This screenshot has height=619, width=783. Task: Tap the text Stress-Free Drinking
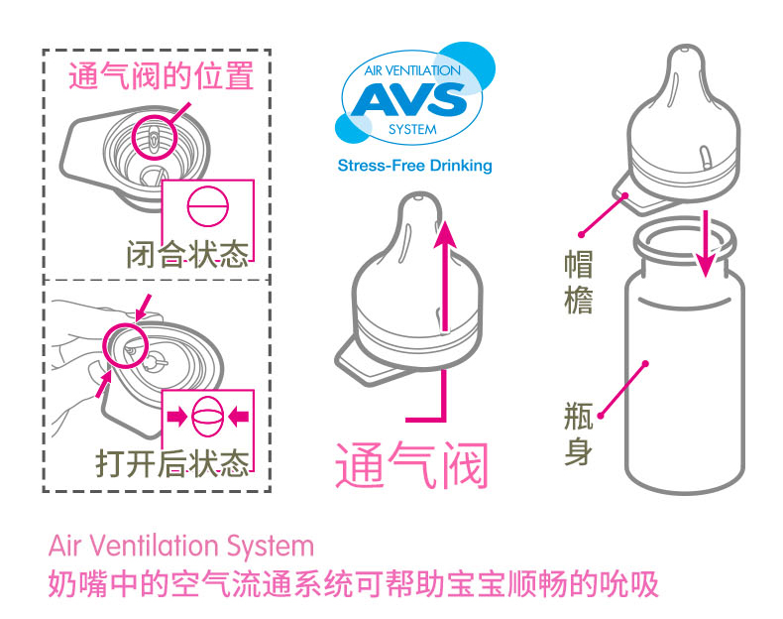click(414, 166)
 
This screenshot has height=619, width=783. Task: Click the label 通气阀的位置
click(160, 76)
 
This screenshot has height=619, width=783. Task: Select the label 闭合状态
click(186, 255)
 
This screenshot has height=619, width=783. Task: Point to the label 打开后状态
click(172, 462)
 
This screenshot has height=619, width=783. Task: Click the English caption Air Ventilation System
click(180, 546)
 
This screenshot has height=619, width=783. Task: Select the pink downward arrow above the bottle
click(706, 243)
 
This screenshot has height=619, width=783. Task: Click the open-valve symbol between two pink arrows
click(208, 418)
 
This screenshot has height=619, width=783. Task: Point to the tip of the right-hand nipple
click(689, 50)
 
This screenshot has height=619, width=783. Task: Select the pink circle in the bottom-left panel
click(125, 345)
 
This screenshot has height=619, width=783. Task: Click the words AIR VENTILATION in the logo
click(412, 71)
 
